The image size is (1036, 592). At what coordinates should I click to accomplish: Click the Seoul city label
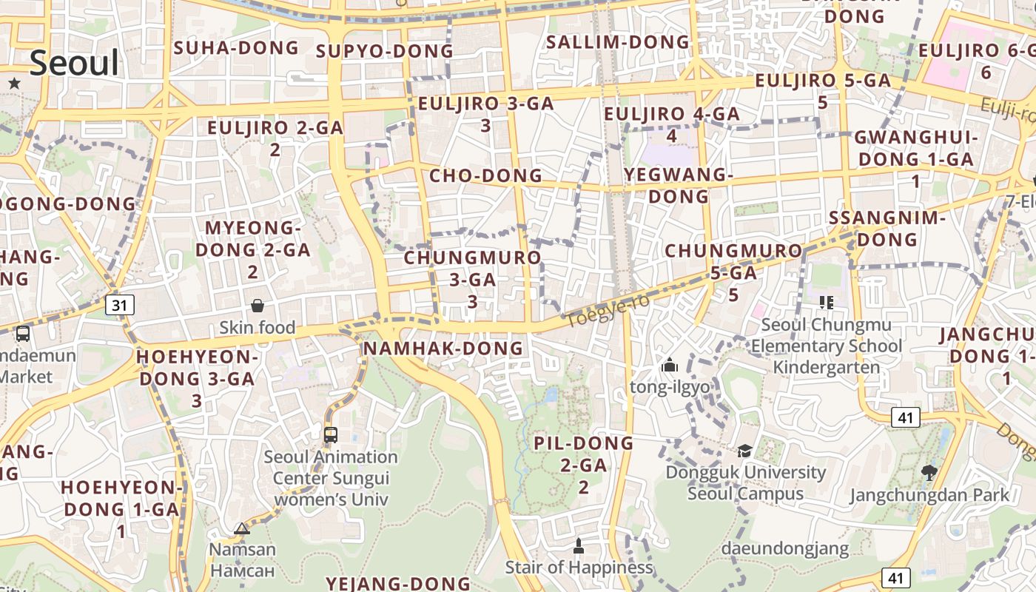[74, 63]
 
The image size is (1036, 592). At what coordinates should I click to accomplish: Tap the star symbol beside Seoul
[14, 83]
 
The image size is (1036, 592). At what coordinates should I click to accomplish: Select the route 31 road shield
[120, 304]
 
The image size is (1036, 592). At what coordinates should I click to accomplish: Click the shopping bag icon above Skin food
[258, 306]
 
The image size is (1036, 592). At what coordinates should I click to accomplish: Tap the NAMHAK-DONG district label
[443, 348]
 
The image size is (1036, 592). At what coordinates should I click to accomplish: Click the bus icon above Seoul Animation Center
[331, 434]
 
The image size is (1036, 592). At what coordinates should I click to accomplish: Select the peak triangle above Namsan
[241, 528]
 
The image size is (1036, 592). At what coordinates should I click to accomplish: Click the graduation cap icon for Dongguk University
[744, 451]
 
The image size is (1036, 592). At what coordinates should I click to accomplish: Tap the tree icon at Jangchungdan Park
[929, 472]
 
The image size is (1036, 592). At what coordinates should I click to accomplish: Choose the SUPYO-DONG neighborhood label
[384, 51]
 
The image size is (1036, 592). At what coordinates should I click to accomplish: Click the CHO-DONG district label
[485, 175]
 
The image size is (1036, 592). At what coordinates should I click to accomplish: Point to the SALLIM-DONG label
[617, 42]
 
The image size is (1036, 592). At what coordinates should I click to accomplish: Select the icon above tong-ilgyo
[670, 365]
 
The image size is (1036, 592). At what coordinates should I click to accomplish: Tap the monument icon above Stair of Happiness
[579, 546]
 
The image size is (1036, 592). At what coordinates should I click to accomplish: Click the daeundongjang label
[784, 548]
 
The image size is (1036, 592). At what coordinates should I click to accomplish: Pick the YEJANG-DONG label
[398, 583]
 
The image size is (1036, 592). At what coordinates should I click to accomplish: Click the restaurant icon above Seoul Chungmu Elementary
[826, 302]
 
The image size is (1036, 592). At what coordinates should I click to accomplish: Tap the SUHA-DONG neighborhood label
[236, 48]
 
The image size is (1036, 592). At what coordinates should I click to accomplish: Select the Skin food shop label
[257, 327]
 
